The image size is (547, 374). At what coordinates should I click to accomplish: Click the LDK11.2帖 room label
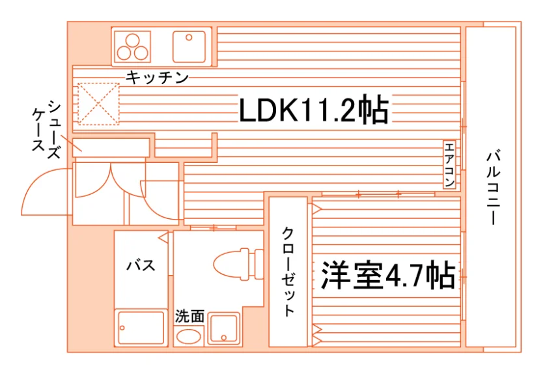coord(314,109)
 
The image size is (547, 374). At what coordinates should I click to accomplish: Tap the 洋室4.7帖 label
coord(388,275)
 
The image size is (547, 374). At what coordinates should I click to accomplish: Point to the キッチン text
coord(157,77)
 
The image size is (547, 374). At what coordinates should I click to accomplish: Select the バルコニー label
coord(494,188)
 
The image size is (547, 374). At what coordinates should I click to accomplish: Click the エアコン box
coord(449,164)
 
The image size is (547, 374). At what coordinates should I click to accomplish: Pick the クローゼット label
coord(288,272)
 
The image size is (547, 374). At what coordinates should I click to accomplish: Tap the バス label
coord(141,265)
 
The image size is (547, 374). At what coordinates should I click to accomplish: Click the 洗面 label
coord(189,316)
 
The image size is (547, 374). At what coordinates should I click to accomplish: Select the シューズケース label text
coord(46,129)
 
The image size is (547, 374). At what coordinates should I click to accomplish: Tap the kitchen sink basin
coord(189,47)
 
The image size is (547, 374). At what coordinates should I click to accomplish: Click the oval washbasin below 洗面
coord(188,337)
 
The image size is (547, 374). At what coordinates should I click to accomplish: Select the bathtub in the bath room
coord(141,328)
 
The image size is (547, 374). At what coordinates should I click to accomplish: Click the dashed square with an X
coord(98,104)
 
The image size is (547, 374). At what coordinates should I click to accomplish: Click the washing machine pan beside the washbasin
coord(223,329)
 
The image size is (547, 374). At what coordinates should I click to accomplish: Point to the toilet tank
coord(259,265)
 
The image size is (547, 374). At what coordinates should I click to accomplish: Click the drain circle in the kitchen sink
coord(189,37)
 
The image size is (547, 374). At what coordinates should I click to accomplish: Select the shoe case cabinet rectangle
coord(111,147)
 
